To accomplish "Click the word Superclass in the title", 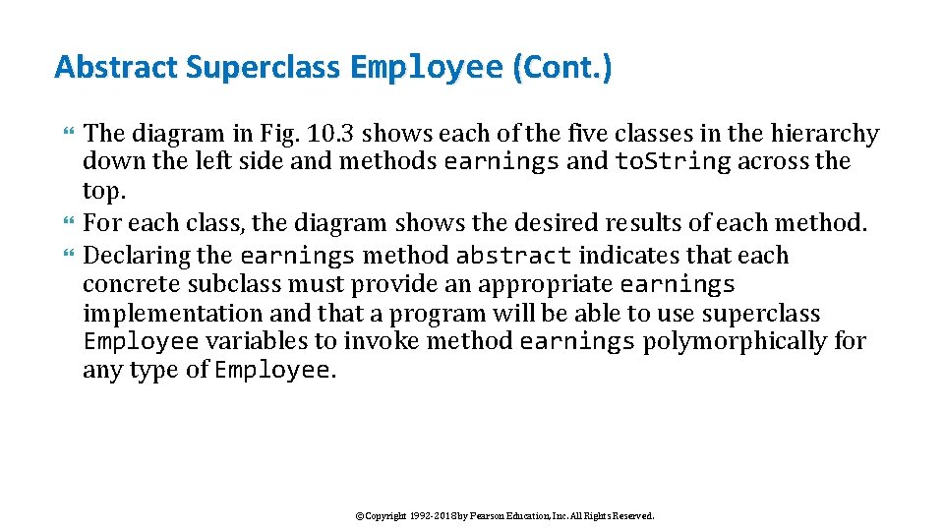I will (264, 67).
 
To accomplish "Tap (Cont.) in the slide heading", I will (560, 67).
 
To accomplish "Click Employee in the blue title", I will (426, 67).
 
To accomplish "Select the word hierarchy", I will (823, 134).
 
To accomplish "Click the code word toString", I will (674, 161).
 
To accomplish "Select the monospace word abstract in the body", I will (514, 256).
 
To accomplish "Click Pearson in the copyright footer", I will (487, 515).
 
